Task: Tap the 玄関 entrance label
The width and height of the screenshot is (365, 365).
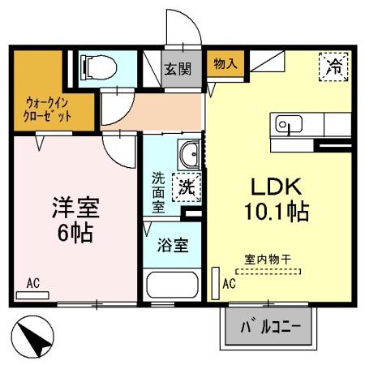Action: [178, 68]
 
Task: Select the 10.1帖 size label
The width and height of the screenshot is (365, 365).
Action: [276, 213]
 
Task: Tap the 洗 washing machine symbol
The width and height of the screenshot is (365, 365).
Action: [187, 184]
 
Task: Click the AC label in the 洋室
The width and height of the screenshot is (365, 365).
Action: [32, 283]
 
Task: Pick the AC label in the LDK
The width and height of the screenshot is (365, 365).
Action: [228, 283]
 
